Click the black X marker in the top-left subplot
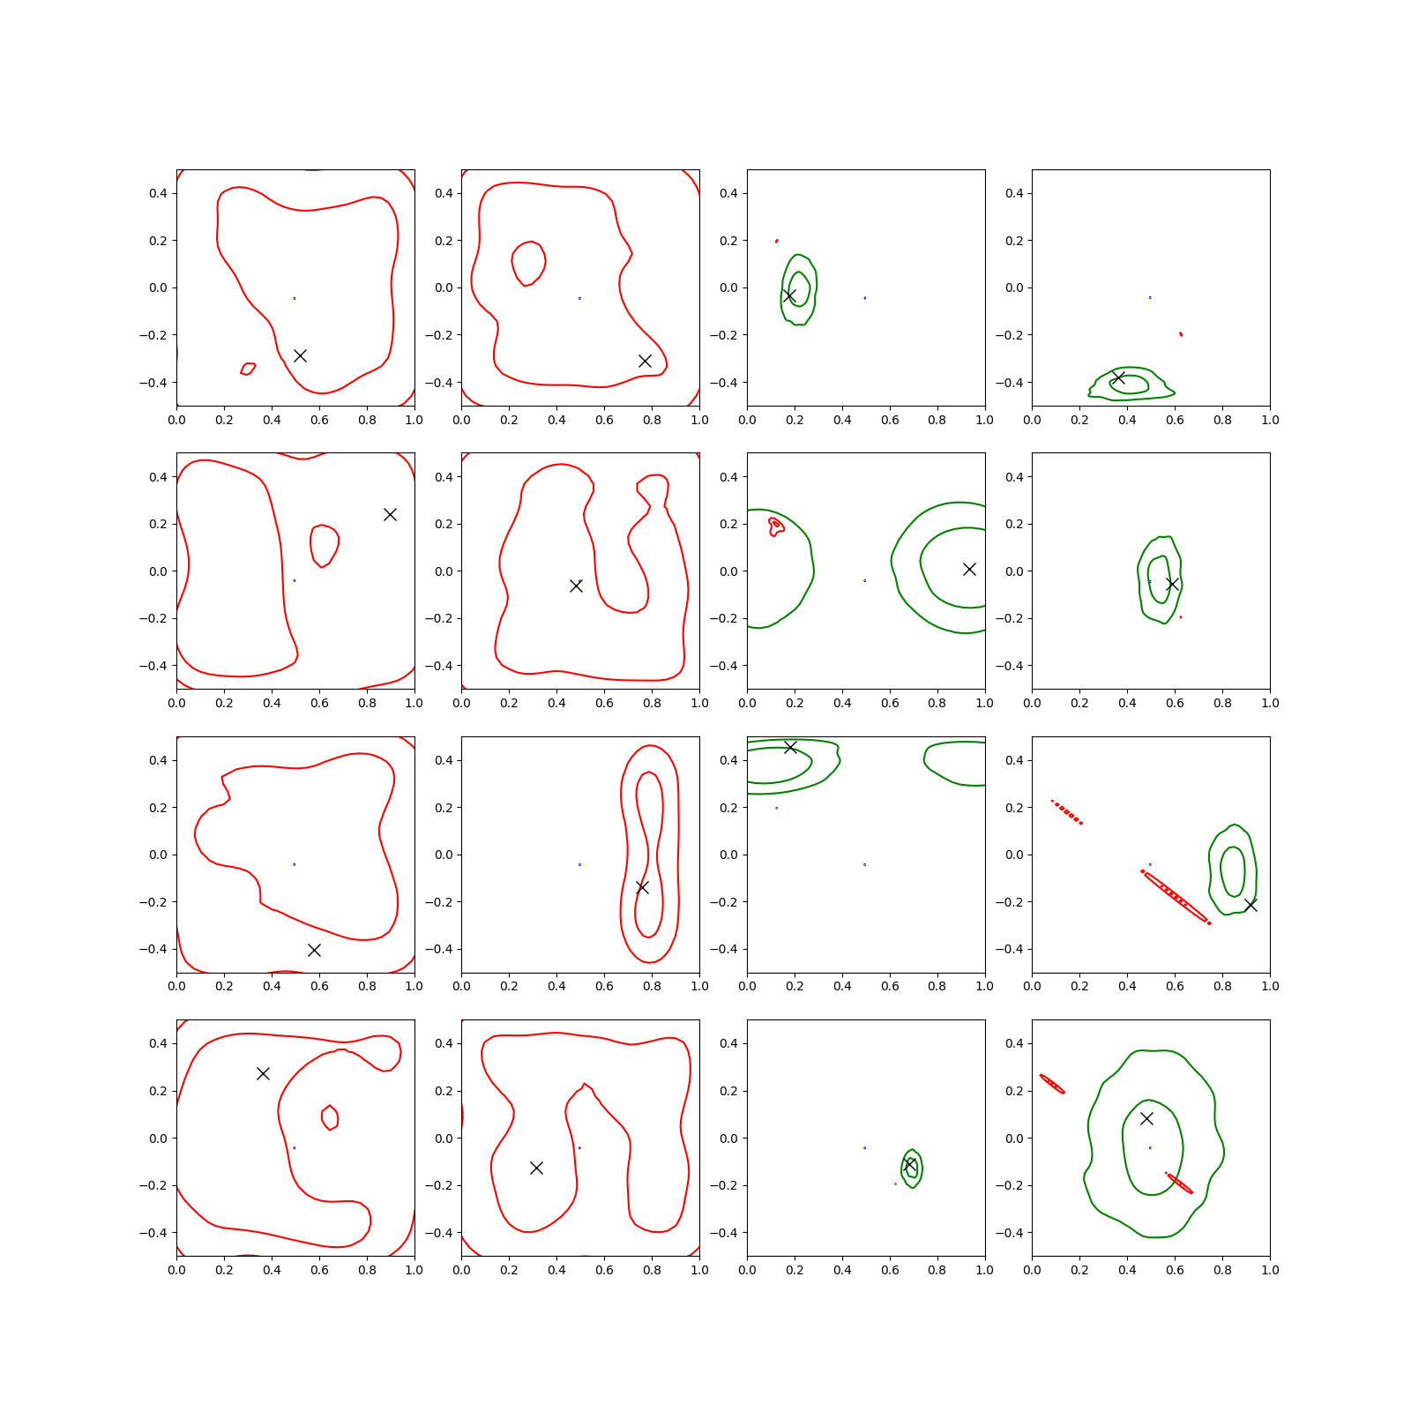(300, 355)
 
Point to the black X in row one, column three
(789, 295)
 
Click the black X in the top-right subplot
(1118, 377)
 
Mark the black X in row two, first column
(390, 514)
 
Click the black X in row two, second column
(576, 586)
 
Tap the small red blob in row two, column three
(776, 526)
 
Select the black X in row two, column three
(969, 569)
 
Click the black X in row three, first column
(314, 950)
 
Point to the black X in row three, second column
(642, 887)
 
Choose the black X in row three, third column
(790, 747)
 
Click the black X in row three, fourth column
(1250, 905)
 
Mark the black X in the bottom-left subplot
(263, 1073)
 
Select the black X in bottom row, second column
(536, 1168)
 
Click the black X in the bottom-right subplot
(1146, 1118)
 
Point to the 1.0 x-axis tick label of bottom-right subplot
(1270, 1270)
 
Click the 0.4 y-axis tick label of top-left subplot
(158, 193)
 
